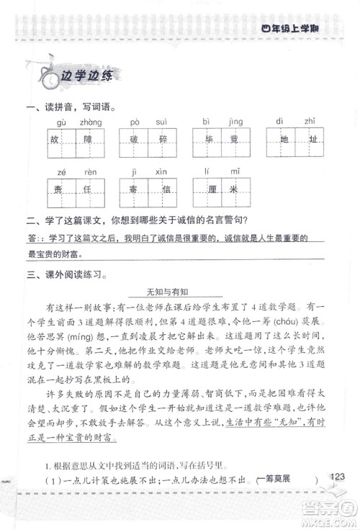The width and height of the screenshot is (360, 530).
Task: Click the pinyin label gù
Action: (x=60, y=122)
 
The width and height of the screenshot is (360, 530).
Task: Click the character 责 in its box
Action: (x=60, y=191)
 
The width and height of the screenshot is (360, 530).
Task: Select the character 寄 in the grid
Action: (x=133, y=191)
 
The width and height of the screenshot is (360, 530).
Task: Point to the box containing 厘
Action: (x=207, y=191)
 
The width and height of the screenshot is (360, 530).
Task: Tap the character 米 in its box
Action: (x=235, y=191)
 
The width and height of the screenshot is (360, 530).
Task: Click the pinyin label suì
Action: (x=163, y=122)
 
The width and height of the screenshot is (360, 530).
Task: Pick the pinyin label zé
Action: (x=60, y=173)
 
